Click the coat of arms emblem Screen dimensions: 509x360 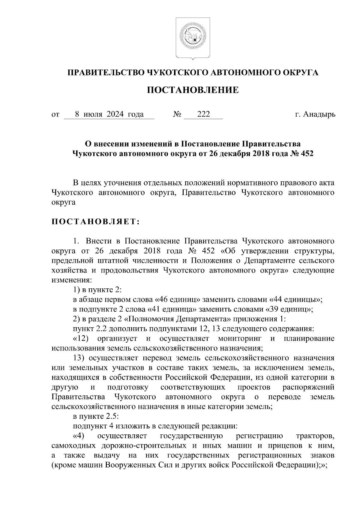[x=193, y=38]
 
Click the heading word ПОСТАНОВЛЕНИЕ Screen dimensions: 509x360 [x=193, y=90]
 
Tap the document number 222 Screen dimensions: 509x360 [x=203, y=114]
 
